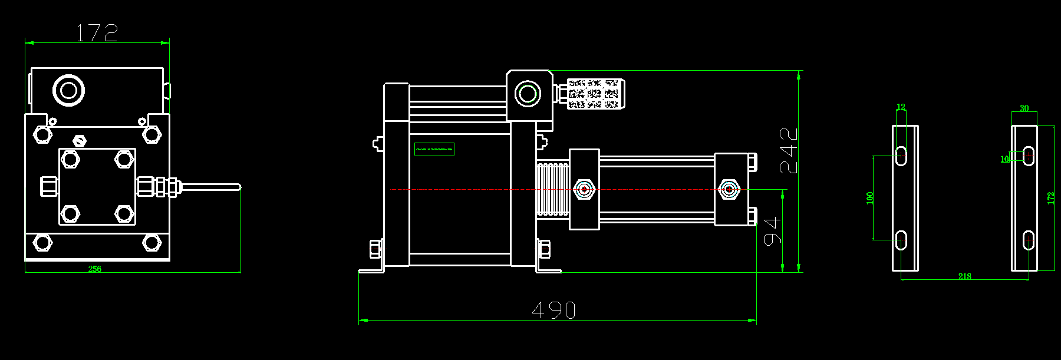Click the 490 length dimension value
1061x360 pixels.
(x=553, y=310)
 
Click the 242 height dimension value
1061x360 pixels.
(x=789, y=150)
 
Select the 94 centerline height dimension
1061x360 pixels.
(x=772, y=230)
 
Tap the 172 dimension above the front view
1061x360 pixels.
(x=97, y=32)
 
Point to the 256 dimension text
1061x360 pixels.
(x=95, y=269)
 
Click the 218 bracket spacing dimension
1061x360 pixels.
(x=964, y=276)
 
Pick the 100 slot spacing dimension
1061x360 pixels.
(x=870, y=198)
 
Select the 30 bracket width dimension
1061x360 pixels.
(x=1024, y=108)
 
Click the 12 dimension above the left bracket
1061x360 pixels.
(x=901, y=107)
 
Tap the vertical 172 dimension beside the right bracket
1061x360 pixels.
(x=1050, y=198)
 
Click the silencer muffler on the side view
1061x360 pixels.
(x=592, y=94)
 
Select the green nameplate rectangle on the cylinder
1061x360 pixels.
(x=434, y=150)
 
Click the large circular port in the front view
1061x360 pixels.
(x=68, y=91)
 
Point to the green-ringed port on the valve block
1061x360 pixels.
(x=527, y=94)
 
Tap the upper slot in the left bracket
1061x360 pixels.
(x=901, y=155)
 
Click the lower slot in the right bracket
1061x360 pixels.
(x=1029, y=240)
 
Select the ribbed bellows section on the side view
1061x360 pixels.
(x=552, y=189)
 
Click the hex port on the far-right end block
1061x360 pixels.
(x=729, y=190)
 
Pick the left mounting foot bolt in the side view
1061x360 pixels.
(x=375, y=249)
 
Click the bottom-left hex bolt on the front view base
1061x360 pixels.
(x=42, y=242)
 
